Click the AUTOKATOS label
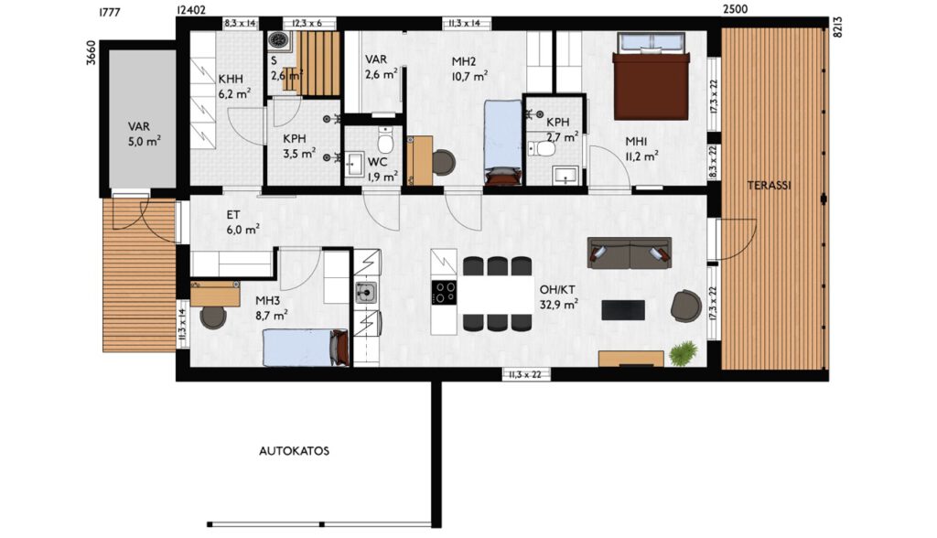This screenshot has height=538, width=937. click(x=294, y=451)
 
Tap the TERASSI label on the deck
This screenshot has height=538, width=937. click(x=769, y=186)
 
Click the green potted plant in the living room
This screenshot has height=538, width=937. click(x=684, y=353)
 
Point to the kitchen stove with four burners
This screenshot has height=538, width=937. click(x=444, y=293)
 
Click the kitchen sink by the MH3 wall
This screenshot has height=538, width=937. click(x=366, y=293)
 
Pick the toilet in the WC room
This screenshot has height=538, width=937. click(x=385, y=141)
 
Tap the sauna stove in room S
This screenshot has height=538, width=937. click(x=278, y=40)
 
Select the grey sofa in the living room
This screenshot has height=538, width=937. click(x=629, y=253)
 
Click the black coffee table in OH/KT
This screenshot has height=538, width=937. click(x=622, y=309)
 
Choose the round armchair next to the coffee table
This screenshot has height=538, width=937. click(x=686, y=306)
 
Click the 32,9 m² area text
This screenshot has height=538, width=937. click(x=559, y=305)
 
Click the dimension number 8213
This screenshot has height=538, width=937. click(x=837, y=27)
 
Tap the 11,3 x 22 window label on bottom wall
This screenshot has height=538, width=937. click(x=525, y=375)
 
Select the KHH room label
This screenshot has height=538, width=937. click(x=231, y=80)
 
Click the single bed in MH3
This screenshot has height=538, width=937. click(x=306, y=348)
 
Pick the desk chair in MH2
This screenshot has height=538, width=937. click(x=443, y=162)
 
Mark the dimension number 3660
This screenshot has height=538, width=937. click(x=92, y=52)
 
